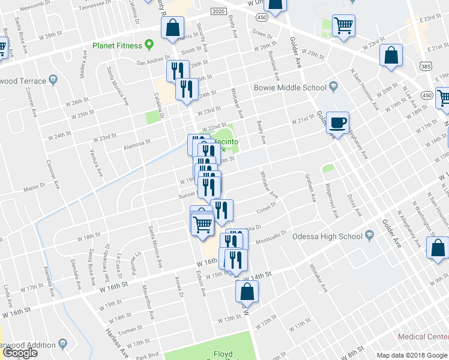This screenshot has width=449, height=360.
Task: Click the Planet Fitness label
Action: (117, 46)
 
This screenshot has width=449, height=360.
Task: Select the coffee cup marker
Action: (338, 122)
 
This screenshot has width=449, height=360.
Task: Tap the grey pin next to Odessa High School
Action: (370, 236)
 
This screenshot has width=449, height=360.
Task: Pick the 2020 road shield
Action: (218, 11)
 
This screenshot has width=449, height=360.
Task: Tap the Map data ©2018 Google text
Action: (411, 355)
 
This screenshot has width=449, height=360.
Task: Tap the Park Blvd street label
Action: (148, 353)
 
